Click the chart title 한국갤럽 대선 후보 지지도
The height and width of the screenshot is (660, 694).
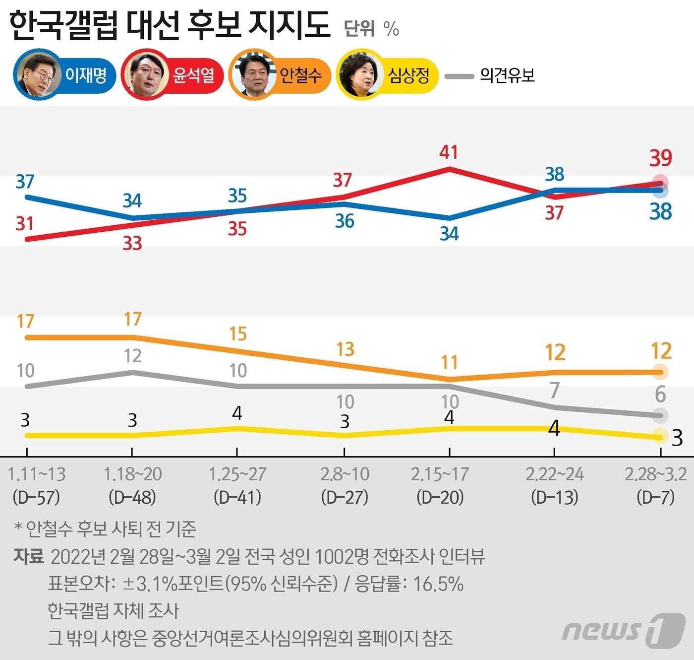(x=170, y=26)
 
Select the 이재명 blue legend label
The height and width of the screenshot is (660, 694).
(x=86, y=75)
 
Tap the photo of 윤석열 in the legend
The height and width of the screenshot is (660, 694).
(x=145, y=75)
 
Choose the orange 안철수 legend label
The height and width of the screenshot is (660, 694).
(x=300, y=75)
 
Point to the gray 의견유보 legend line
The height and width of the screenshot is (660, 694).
(x=459, y=76)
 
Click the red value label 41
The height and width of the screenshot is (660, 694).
(x=449, y=152)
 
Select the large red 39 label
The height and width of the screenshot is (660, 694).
(x=661, y=158)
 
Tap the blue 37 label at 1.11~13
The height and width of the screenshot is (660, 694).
(x=25, y=182)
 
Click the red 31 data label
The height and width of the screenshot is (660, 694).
(x=25, y=224)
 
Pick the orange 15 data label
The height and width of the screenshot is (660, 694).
(x=238, y=334)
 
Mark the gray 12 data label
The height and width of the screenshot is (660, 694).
(x=132, y=356)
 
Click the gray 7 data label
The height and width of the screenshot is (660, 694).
(x=555, y=391)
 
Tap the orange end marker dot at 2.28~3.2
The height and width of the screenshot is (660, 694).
(x=660, y=371)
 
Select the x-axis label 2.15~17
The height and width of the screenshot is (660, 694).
(x=440, y=474)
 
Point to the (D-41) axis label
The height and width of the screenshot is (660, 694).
(x=237, y=497)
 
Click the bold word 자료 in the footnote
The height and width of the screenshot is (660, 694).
(x=29, y=556)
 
